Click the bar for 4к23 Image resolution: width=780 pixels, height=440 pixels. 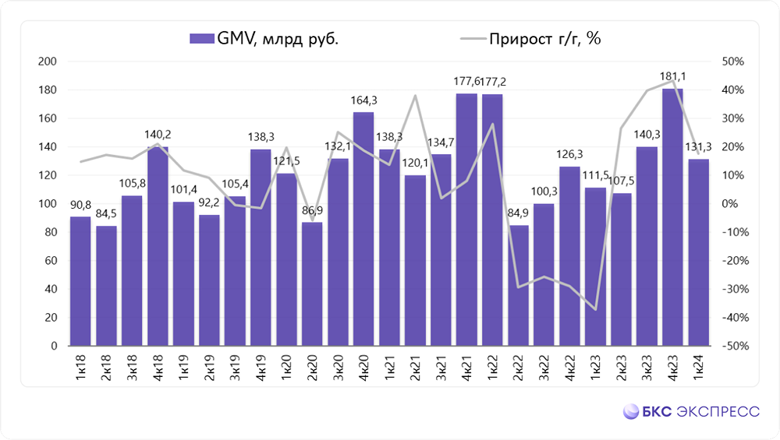tap(672, 218)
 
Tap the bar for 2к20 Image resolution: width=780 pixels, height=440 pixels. tap(312, 284)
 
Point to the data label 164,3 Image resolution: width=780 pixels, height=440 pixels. tap(363, 100)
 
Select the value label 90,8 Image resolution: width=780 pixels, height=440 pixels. tap(80, 205)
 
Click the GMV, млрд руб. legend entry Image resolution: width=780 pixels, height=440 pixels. tap(264, 39)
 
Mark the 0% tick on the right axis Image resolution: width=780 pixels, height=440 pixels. tap(736, 204)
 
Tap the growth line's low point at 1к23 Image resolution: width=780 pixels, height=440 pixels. tap(595, 310)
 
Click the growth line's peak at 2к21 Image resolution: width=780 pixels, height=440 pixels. tap(415, 96)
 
